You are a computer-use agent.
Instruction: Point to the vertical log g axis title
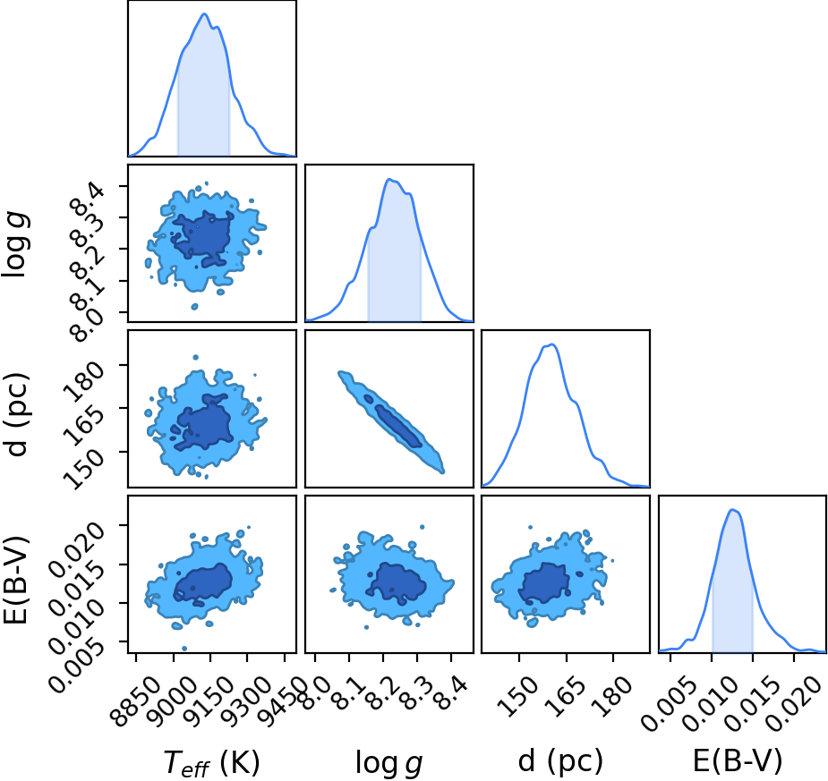[16, 243]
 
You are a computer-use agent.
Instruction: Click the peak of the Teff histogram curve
[204, 14]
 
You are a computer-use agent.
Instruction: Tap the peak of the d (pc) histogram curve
[551, 344]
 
